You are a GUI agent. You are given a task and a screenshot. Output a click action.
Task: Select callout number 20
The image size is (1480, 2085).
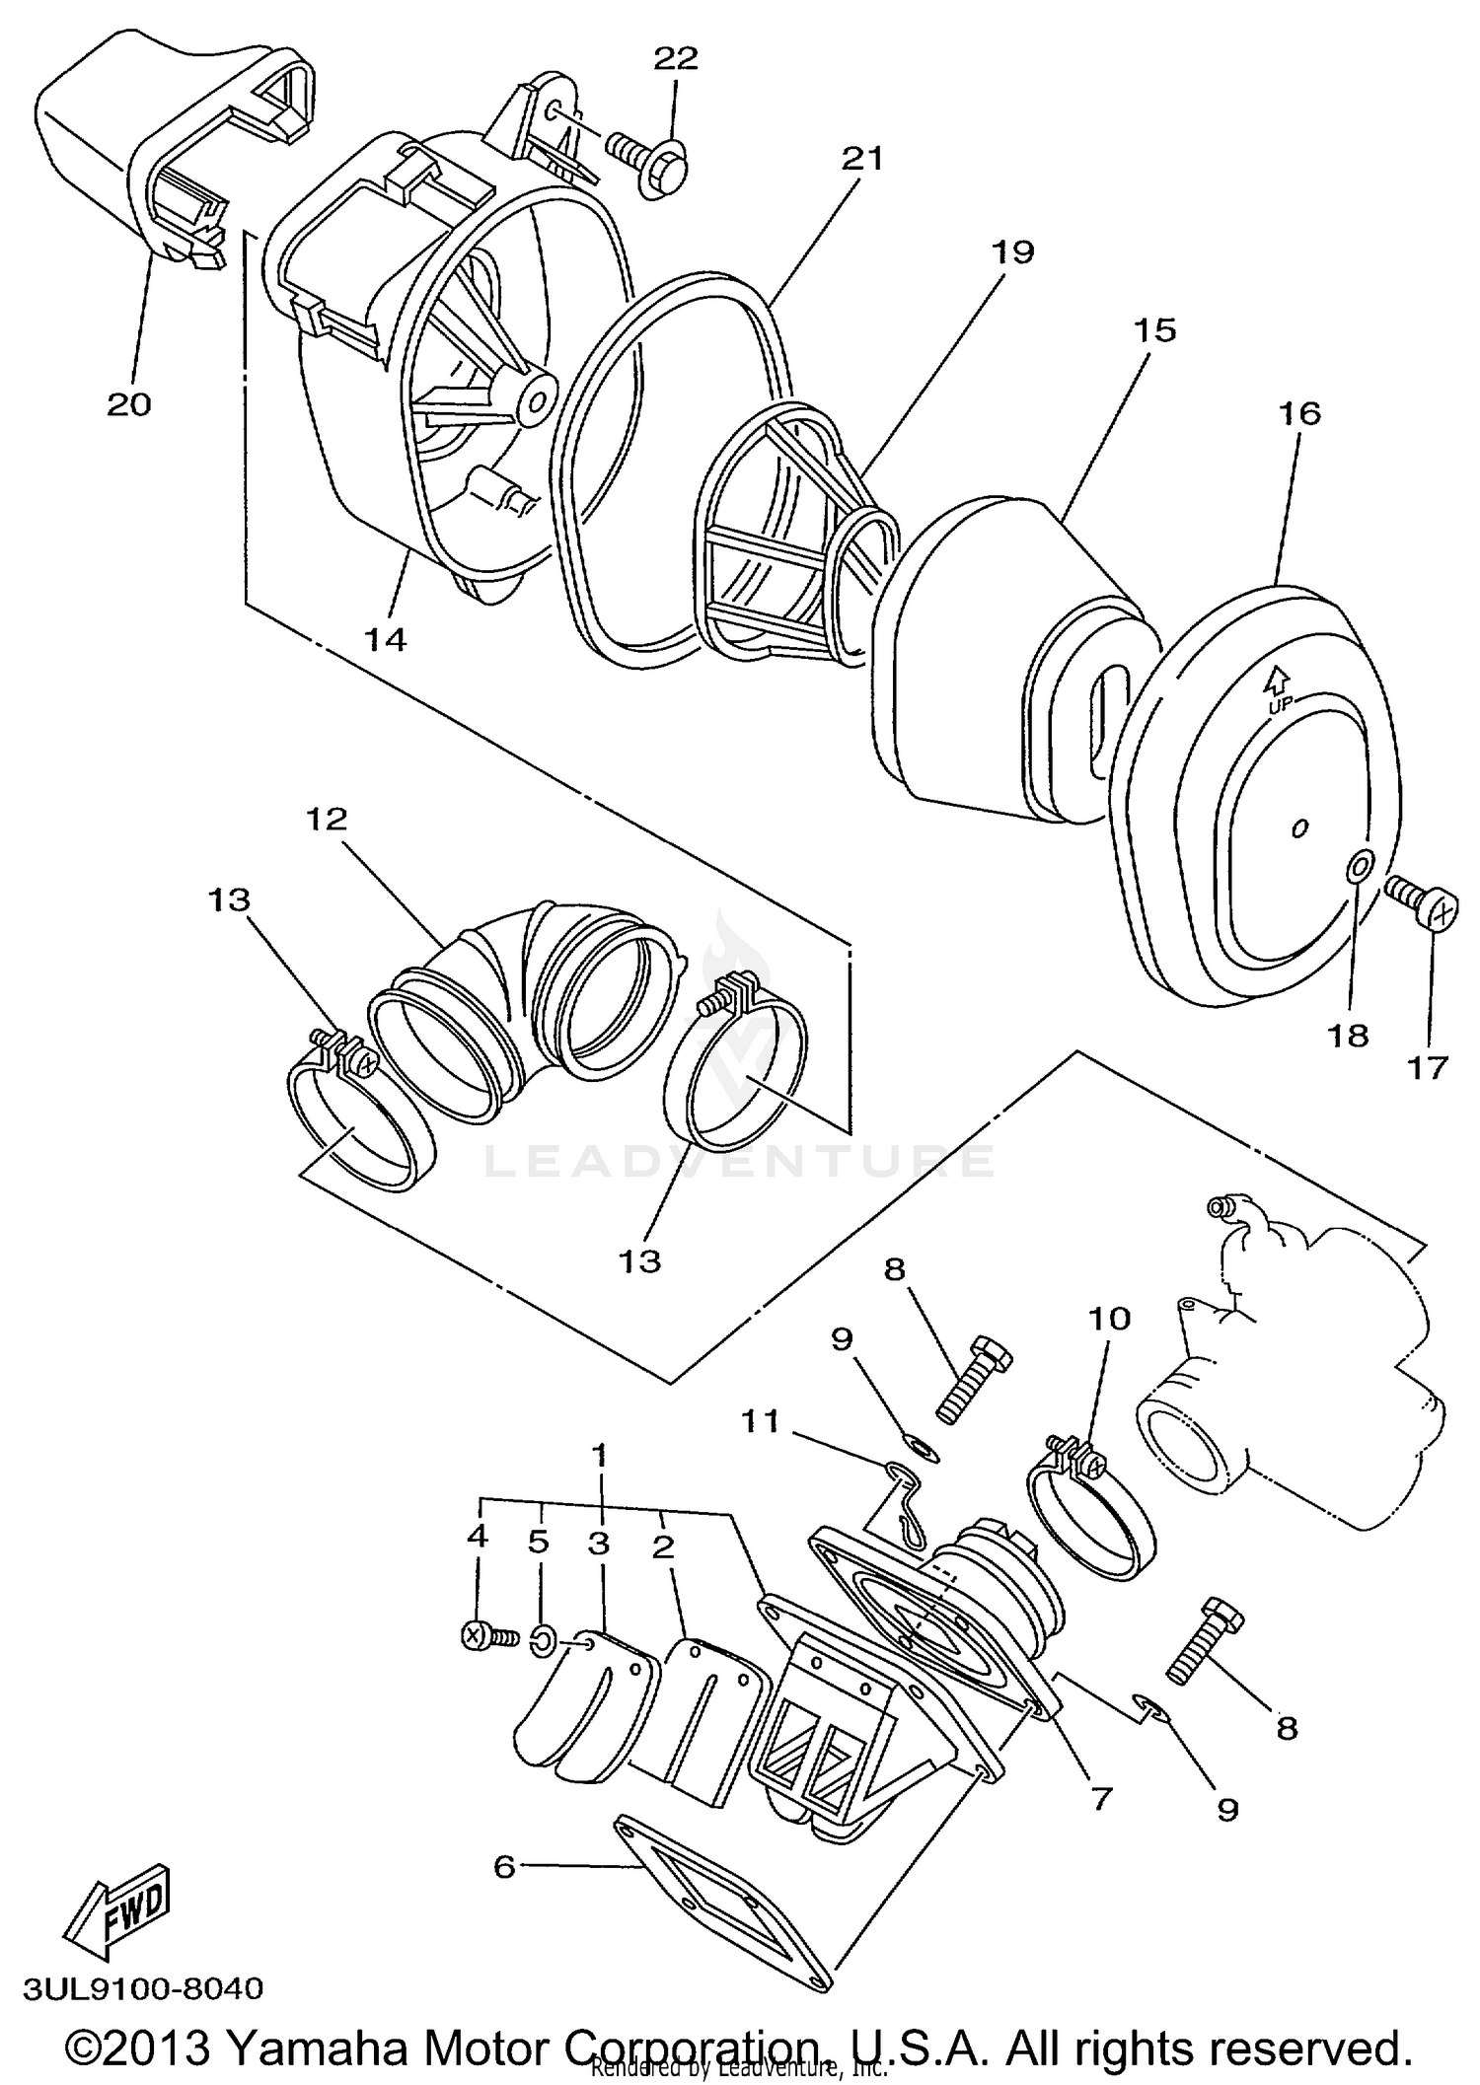tap(129, 404)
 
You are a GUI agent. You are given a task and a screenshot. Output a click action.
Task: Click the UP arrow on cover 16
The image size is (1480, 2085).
tap(1278, 681)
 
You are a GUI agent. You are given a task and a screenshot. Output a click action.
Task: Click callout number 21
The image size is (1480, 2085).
tap(861, 158)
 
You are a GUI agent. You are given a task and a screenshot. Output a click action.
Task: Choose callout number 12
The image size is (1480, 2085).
tap(328, 819)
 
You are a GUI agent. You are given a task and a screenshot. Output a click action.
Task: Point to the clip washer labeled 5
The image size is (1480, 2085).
tap(542, 1640)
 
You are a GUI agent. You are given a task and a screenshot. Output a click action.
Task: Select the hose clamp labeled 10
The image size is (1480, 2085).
tap(1085, 1509)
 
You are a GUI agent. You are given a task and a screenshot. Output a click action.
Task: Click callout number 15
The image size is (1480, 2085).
tap(1155, 329)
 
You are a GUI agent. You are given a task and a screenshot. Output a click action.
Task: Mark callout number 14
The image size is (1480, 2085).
tap(385, 639)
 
